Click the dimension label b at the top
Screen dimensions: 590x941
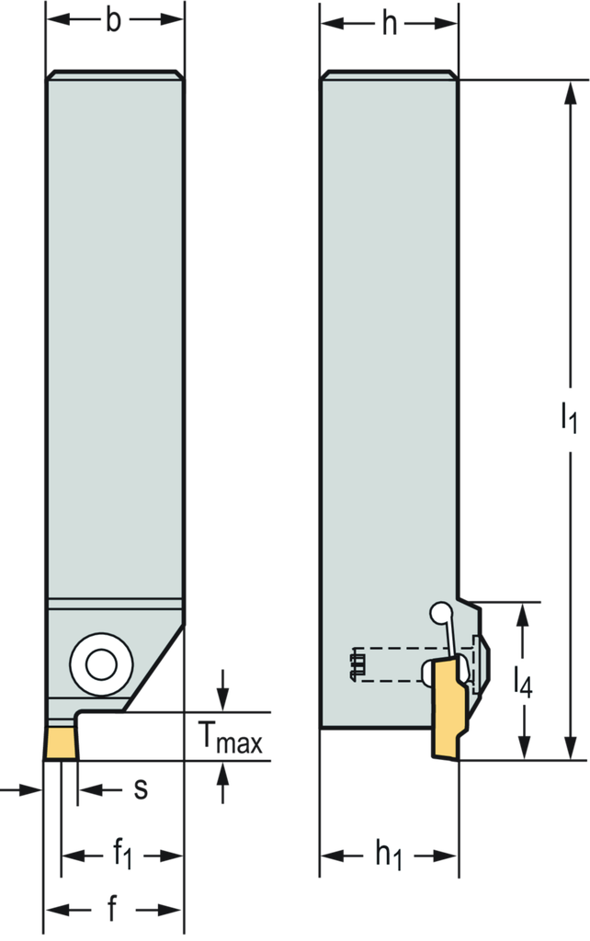pos(113,20)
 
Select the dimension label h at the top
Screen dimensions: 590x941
pos(390,24)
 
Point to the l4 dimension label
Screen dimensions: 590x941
pos(523,683)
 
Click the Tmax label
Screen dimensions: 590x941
pos(231,738)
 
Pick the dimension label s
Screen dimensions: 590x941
pos(141,789)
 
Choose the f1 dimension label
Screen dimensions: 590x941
pos(123,854)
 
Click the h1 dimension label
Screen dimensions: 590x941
pos(389,854)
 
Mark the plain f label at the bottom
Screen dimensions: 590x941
pos(112,909)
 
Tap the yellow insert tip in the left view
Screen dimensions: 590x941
pos(62,743)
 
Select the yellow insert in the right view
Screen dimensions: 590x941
pos(449,707)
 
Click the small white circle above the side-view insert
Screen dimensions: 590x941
pos(440,613)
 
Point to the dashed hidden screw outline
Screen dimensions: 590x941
pos(414,664)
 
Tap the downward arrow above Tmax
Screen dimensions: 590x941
pos(223,691)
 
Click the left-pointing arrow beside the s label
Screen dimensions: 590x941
pos(100,789)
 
